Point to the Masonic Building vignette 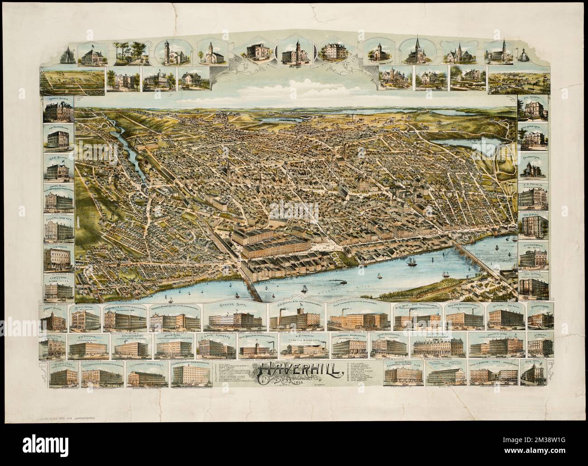(57, 114)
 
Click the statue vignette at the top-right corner (523, 54)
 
